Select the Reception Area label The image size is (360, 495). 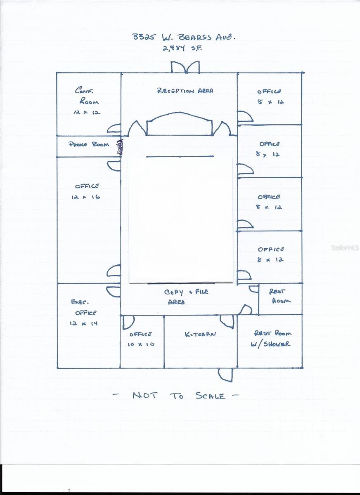pos(185,91)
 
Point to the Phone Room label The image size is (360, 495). pos(88,144)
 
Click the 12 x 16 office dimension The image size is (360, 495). pos(86,197)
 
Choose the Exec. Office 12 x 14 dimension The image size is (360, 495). pos(84,324)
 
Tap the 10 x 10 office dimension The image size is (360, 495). pos(141,344)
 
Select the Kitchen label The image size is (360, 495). pos(200,334)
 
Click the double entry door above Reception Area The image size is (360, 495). pos(185,67)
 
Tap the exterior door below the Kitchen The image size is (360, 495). pos(225,374)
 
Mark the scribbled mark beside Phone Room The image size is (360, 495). pos(121,147)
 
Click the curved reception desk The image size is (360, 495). pos(180,124)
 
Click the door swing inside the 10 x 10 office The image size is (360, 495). pos(128,322)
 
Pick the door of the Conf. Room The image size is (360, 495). pos(114,128)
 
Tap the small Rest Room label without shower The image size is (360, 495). pos(280,296)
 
